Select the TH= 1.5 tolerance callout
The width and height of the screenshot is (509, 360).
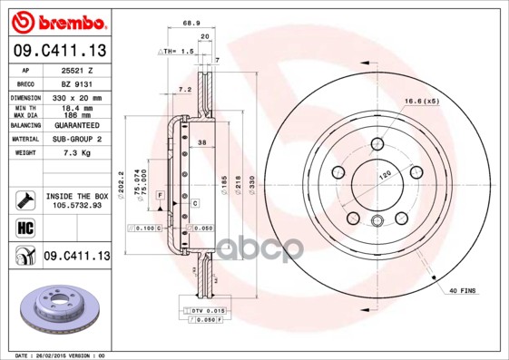pos(179,53)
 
